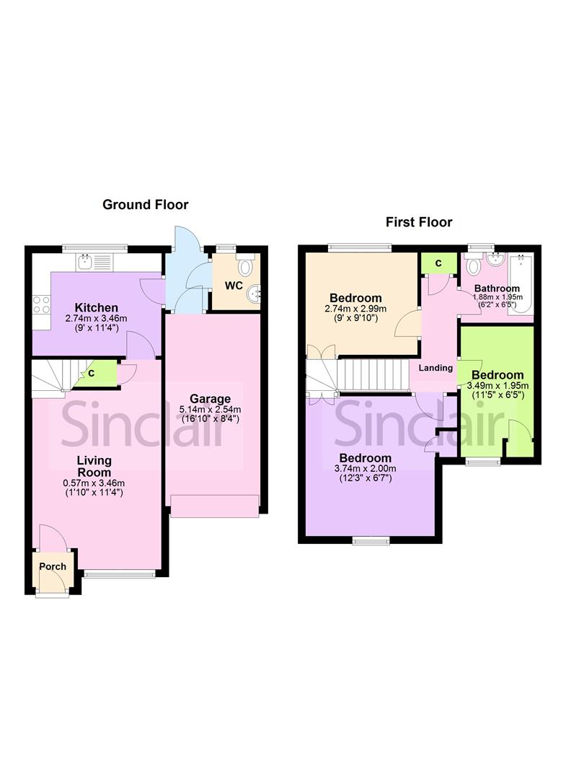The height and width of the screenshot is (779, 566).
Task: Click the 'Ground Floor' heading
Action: tap(145, 205)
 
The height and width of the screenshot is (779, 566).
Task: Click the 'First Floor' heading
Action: tap(419, 221)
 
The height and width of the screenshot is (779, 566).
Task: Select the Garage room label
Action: tap(210, 398)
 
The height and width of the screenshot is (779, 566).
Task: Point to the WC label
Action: tap(233, 286)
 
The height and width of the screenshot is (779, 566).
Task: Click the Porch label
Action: tap(53, 566)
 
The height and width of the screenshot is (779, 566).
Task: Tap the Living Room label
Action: tap(94, 466)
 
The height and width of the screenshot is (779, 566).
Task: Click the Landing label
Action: tap(435, 368)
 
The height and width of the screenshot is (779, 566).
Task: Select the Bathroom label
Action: tap(497, 289)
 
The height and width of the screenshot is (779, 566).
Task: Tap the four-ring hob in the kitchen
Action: tap(41, 305)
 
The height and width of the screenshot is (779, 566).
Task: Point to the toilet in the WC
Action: tap(247, 267)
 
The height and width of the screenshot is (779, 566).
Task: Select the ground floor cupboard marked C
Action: tap(92, 374)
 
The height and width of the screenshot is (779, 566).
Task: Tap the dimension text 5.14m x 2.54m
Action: tap(210, 409)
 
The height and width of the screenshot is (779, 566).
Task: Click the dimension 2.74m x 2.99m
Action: tap(355, 309)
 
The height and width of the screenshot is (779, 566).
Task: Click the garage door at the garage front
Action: tap(214, 506)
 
